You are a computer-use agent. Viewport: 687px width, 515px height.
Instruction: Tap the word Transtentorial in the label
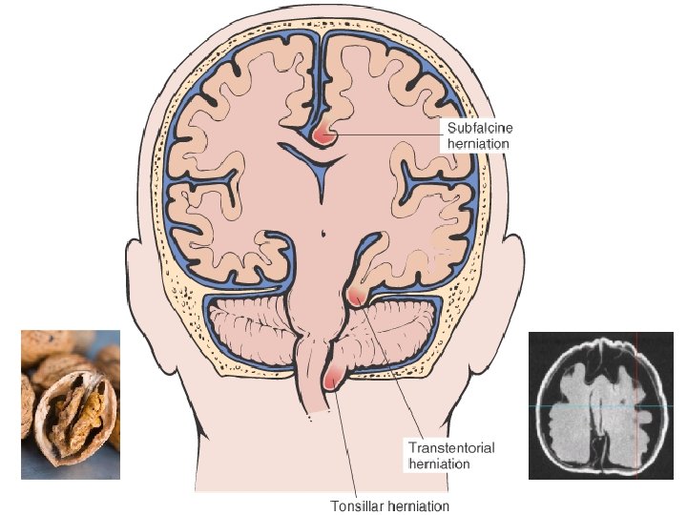pyautogui.click(x=451, y=447)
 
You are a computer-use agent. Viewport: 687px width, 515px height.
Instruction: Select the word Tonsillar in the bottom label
pyautogui.click(x=356, y=505)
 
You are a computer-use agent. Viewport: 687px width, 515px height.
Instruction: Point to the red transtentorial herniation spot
pyautogui.click(x=356, y=298)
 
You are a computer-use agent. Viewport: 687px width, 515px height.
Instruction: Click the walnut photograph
pyautogui.click(x=71, y=403)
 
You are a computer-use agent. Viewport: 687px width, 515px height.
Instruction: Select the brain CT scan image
pyautogui.click(x=600, y=404)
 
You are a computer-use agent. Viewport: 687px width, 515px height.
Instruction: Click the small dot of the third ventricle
pyautogui.click(x=323, y=230)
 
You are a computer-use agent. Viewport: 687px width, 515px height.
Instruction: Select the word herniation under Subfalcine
pyautogui.click(x=478, y=144)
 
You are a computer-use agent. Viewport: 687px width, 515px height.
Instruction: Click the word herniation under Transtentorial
pyautogui.click(x=439, y=463)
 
